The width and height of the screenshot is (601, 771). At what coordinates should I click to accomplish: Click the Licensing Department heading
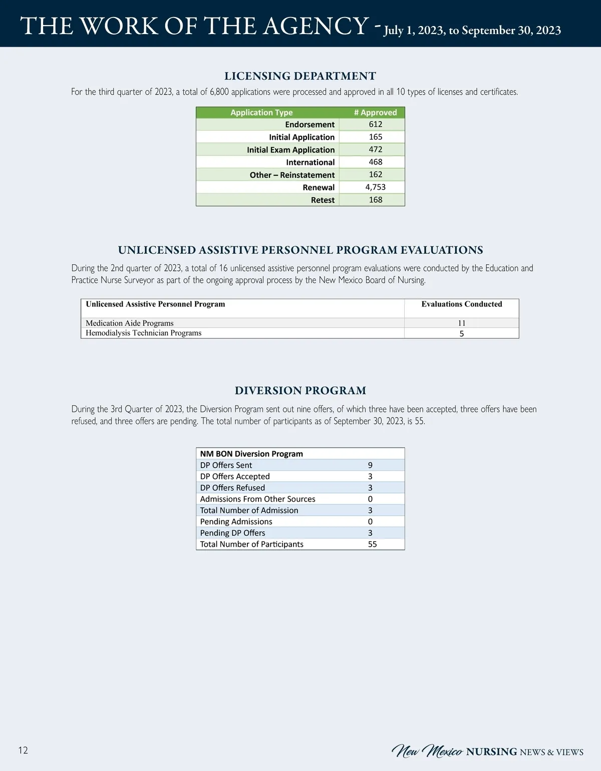pyautogui.click(x=300, y=76)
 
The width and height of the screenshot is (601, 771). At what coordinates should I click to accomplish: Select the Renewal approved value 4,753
pyautogui.click(x=375, y=187)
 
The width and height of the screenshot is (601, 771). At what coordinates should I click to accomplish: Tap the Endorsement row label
pyautogui.click(x=310, y=125)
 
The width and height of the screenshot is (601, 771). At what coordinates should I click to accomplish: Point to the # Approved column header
pyautogui.click(x=375, y=113)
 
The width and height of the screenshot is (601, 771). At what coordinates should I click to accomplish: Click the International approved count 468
pyautogui.click(x=375, y=162)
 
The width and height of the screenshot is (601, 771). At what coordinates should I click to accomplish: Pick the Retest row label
pyautogui.click(x=323, y=200)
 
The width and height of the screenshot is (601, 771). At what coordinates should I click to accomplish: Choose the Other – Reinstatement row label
pyautogui.click(x=292, y=175)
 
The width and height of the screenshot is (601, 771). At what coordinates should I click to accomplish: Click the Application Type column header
pyautogui.click(x=261, y=113)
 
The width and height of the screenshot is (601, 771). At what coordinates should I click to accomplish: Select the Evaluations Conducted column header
pyautogui.click(x=461, y=304)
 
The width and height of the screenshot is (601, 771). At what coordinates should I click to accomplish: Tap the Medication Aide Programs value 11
pyautogui.click(x=461, y=323)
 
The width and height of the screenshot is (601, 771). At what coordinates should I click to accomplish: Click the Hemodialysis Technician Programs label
pyautogui.click(x=143, y=333)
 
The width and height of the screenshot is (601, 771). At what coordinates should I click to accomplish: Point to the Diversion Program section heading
pyautogui.click(x=300, y=391)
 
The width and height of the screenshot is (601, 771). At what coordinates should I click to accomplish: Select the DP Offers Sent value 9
pyautogui.click(x=370, y=466)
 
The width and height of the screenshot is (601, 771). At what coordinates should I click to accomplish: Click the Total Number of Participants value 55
pyautogui.click(x=372, y=544)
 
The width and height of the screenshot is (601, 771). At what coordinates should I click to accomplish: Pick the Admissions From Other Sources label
pyautogui.click(x=257, y=499)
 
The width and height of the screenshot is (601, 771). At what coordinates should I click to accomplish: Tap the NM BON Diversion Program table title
pyautogui.click(x=251, y=454)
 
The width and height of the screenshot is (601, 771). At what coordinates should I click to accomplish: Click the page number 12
pyautogui.click(x=23, y=750)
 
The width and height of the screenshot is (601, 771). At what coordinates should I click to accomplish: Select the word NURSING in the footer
pyautogui.click(x=491, y=752)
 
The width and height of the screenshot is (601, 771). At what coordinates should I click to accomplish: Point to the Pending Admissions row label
pyautogui.click(x=236, y=522)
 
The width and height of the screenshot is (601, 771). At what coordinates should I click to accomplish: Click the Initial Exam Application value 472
pyautogui.click(x=375, y=150)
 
